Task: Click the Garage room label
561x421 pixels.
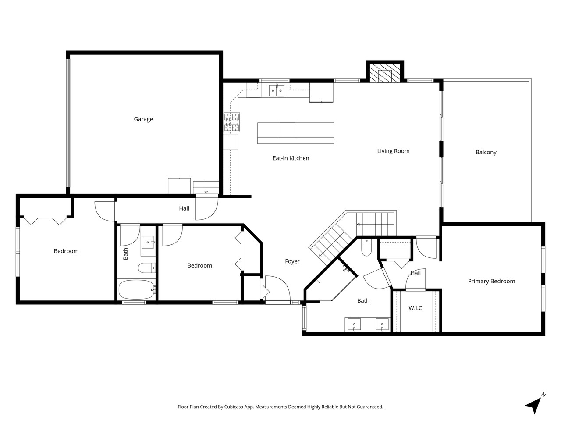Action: [143, 119]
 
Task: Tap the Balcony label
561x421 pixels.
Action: [486, 153]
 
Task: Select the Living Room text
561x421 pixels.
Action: [393, 151]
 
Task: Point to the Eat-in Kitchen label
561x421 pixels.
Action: [291, 158]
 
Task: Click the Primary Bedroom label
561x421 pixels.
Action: [491, 282]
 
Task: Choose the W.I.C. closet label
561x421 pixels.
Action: [416, 308]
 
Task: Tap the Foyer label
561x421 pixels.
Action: [292, 261]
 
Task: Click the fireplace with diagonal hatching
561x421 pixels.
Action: [385, 74]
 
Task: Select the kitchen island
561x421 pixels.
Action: [295, 133]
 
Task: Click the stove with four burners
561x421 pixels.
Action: [232, 122]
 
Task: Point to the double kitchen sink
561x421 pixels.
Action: [277, 90]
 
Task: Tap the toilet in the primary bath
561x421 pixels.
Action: [366, 248]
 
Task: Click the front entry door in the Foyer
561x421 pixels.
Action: [277, 289]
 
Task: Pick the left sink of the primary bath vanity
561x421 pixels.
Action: [354, 325]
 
